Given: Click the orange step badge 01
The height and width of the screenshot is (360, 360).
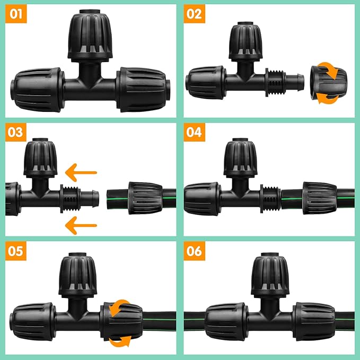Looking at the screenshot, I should (16, 14).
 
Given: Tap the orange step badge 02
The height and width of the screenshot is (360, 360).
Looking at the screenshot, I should (195, 14).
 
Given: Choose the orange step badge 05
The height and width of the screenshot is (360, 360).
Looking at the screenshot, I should (16, 250).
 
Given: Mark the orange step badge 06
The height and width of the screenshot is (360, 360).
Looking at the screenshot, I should (195, 250).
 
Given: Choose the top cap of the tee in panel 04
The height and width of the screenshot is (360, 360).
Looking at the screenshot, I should (242, 159).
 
